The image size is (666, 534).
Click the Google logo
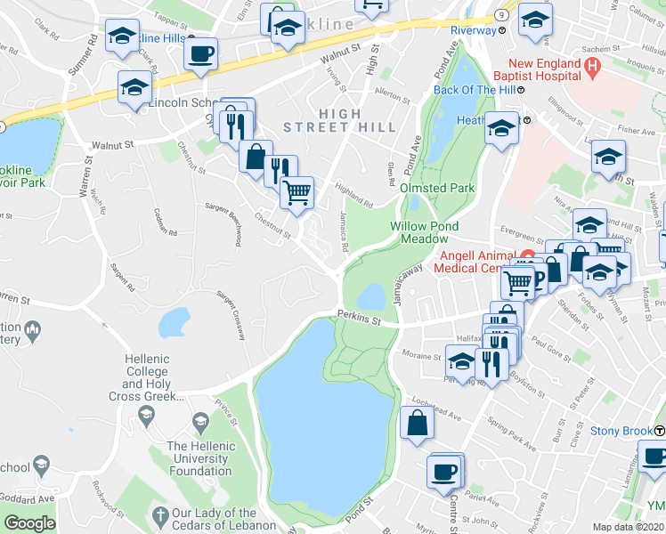click(29, 523)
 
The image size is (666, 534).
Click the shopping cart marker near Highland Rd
click(297, 191)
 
